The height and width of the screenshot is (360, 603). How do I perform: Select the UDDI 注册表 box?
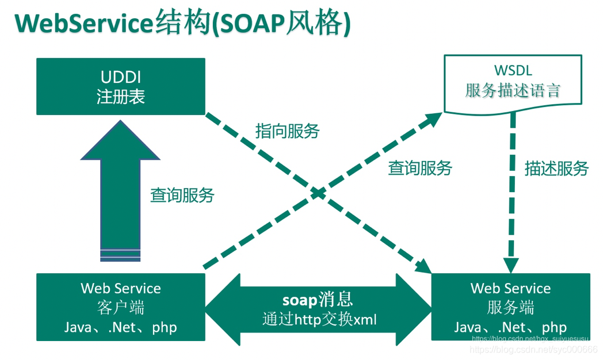120,86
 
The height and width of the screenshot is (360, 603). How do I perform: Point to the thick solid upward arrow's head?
120,141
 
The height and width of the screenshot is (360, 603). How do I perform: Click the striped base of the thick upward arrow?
120,255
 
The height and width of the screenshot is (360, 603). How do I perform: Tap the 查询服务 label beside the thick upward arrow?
182,196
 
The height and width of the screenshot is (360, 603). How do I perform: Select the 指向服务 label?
287,131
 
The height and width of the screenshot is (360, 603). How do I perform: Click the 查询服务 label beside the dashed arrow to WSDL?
420,168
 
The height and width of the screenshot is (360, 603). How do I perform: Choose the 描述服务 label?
556,168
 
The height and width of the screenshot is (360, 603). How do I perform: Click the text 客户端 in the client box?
120,308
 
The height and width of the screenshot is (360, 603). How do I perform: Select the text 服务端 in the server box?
510,308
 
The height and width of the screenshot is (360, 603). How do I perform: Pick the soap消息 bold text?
318,300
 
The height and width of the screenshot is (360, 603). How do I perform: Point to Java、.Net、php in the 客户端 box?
120,327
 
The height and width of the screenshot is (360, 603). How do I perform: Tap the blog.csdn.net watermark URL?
534,349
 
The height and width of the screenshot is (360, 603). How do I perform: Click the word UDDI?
120,77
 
